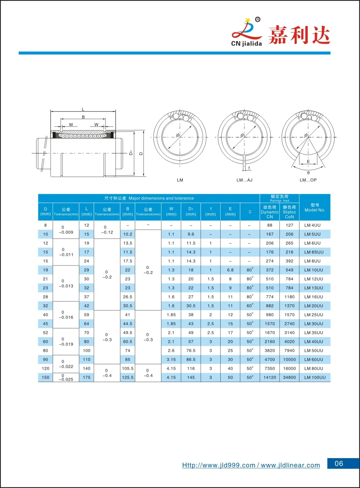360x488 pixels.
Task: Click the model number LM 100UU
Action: point(315,377)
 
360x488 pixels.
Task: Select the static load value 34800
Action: point(289,377)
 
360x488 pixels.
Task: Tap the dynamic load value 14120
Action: point(269,377)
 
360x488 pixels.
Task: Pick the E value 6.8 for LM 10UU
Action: point(230,270)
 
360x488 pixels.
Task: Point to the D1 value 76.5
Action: point(191,350)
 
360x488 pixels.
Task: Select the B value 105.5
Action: point(128,368)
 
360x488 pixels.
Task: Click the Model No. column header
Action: point(315,207)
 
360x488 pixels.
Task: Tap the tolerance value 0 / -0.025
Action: point(66,378)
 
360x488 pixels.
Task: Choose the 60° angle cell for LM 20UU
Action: point(250,306)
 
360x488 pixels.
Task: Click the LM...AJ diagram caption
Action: point(244,180)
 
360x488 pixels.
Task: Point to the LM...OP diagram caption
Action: point(308,180)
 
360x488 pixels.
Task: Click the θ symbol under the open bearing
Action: point(308,173)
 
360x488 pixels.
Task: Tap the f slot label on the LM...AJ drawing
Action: point(249,168)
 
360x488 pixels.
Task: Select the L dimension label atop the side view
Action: point(83,109)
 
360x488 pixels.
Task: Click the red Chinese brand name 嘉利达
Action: point(299,35)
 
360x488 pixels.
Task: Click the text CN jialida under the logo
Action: point(246,44)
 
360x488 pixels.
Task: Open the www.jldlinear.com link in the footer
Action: point(290,465)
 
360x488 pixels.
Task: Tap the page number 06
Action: point(339,464)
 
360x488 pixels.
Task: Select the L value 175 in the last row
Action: point(86,377)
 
